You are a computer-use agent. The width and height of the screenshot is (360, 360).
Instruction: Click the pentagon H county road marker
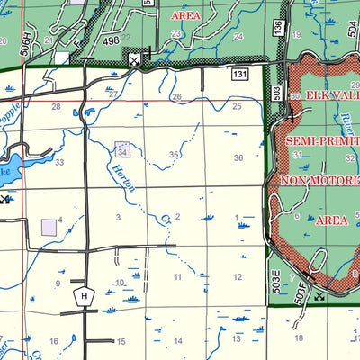tap(85, 295)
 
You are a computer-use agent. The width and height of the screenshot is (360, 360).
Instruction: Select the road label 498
tap(111, 40)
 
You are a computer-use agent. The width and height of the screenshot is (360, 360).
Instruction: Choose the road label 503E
tap(274, 279)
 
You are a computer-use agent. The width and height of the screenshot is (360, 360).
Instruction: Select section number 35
tap(174, 155)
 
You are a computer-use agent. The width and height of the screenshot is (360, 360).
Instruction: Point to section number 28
tap(56, 107)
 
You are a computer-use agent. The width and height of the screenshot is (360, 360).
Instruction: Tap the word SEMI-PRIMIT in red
tap(322, 142)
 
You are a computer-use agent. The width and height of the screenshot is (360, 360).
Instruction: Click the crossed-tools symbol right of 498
tap(134, 59)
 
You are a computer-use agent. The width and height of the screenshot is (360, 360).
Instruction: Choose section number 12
tap(238, 277)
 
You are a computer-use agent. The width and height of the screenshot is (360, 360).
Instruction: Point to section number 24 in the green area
tap(238, 36)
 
